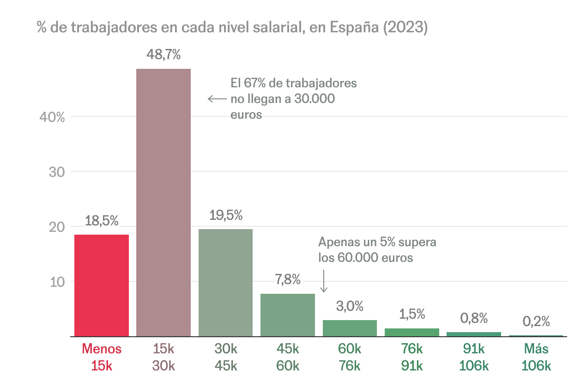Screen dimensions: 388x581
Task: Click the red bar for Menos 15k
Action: coord(102,285)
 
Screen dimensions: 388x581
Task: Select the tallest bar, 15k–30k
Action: coord(163,202)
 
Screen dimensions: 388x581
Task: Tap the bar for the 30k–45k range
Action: coord(225,282)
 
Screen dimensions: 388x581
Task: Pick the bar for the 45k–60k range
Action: coord(288,315)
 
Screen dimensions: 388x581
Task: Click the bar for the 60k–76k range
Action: coord(350,328)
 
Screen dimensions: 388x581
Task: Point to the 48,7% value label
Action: coord(163,55)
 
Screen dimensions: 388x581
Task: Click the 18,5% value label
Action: coord(102,221)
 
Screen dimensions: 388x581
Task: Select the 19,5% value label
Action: coord(226,215)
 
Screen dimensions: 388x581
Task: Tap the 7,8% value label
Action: coord(288,280)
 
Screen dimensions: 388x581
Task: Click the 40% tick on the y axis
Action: coord(52,117)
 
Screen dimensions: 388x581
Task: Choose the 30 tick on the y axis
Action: coord(57,172)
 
